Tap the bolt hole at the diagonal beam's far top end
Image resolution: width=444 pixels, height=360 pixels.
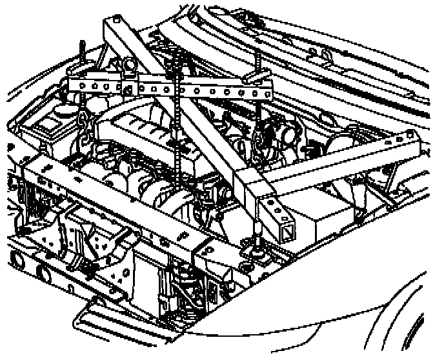[114, 25]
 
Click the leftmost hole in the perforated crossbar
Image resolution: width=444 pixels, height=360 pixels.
[75, 85]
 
